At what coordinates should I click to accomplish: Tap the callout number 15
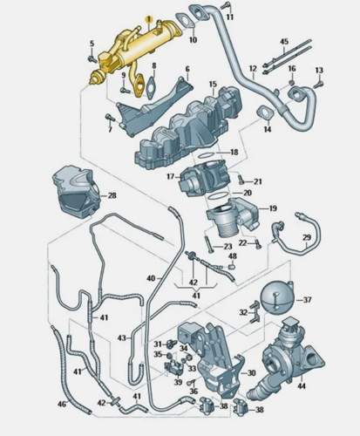[213, 84]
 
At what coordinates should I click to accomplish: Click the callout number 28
[112, 195]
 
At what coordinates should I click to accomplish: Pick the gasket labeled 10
[185, 21]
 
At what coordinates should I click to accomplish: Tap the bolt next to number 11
[227, 6]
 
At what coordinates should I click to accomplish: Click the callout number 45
[284, 42]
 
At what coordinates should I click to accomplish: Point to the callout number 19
[273, 208]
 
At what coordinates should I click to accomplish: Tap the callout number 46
[62, 405]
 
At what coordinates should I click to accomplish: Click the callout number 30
[251, 373]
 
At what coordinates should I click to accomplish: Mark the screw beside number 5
[92, 59]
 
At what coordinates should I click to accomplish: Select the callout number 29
[307, 237]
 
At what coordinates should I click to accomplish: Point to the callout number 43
[122, 338]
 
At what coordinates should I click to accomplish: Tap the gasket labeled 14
[264, 112]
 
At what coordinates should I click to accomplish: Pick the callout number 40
[151, 278]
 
